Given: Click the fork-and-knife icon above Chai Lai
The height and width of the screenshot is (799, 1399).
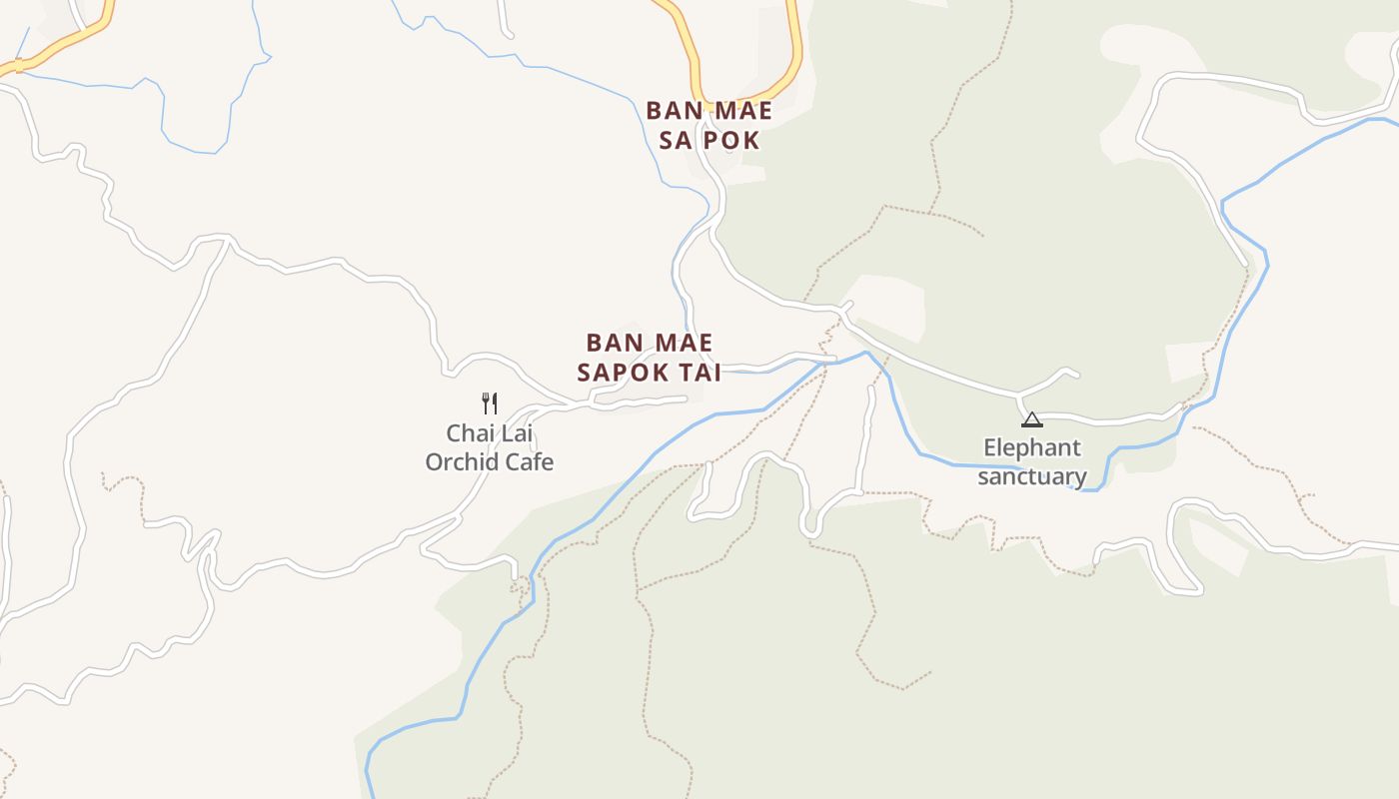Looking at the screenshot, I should click(x=490, y=403).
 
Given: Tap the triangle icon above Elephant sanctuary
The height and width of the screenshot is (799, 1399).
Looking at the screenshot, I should click(x=1032, y=419).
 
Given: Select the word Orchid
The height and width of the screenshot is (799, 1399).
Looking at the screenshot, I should click(x=460, y=462).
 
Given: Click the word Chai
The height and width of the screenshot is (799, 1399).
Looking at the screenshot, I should click(x=468, y=433).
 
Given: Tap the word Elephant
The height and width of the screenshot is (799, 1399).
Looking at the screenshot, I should click(x=1032, y=447).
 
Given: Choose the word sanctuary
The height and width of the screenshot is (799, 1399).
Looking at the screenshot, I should click(x=1032, y=476).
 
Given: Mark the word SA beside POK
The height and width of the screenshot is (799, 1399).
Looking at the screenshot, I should click(x=676, y=140).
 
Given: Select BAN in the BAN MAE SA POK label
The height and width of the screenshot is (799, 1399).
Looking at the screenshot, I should click(x=672, y=110).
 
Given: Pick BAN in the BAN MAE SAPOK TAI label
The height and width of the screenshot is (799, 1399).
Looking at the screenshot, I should click(x=612, y=343).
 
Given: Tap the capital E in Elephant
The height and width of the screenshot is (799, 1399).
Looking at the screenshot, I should click(x=990, y=447).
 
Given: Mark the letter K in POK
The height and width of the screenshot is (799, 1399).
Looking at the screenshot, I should click(x=750, y=140).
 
